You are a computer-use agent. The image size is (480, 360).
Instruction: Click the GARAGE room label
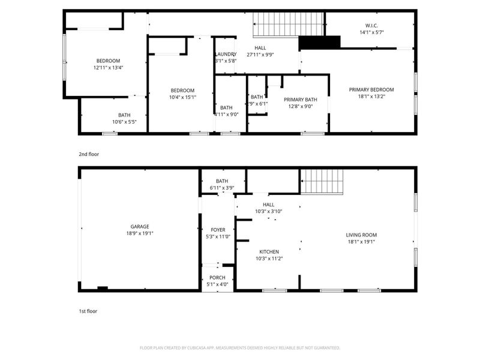click(x=137, y=226)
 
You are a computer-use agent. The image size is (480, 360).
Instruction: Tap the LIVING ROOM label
click(x=361, y=235)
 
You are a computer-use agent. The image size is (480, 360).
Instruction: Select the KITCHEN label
click(x=269, y=251)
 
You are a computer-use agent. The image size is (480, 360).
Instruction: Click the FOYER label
click(x=218, y=230)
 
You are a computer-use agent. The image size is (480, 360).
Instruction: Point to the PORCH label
click(x=218, y=277)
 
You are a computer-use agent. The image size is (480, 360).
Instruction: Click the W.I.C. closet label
click(x=371, y=25)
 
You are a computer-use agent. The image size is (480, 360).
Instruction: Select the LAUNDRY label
click(x=226, y=54)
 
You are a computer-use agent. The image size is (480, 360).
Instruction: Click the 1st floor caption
click(x=88, y=311)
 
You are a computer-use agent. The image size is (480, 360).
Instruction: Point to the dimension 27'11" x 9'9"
click(x=260, y=55)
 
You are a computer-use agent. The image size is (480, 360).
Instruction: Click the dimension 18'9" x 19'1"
click(x=137, y=233)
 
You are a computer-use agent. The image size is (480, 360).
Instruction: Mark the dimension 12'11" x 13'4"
click(x=108, y=68)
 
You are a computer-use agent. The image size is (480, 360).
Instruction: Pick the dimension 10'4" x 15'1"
click(x=182, y=97)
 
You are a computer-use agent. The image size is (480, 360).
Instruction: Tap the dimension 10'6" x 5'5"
click(x=124, y=122)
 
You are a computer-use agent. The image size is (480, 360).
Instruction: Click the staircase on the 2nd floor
click(x=288, y=24)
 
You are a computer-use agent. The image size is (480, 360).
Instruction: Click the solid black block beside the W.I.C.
click(x=319, y=43)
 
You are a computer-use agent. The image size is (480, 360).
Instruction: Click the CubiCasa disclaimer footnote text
click(x=240, y=348)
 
